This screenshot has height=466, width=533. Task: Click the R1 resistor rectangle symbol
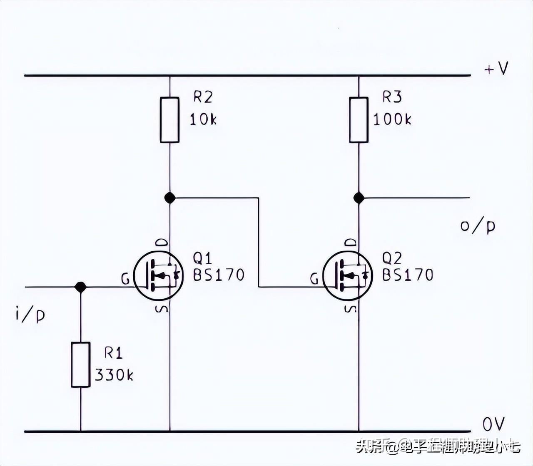[x=80, y=364]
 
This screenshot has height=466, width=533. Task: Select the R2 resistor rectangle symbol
[x=170, y=120]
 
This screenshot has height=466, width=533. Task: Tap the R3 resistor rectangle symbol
[x=359, y=120]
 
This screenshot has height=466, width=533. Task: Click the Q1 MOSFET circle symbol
[x=159, y=276]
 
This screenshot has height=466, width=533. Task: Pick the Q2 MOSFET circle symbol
[x=348, y=276]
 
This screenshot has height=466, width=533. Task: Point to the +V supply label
[x=496, y=68]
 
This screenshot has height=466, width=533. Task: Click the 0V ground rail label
[x=493, y=424]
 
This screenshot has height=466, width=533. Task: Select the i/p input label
[x=30, y=315]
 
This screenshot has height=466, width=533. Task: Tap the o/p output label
[x=478, y=226]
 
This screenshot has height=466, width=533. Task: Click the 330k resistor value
[x=114, y=375]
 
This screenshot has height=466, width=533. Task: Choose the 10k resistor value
[x=203, y=120]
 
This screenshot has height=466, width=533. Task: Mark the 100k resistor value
[x=392, y=120]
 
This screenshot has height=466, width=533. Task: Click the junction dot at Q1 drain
[x=170, y=198]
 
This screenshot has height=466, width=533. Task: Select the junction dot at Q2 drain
[x=359, y=198]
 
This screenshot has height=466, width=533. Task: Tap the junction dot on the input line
[x=80, y=287]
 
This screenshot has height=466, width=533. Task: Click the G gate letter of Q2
[x=314, y=279]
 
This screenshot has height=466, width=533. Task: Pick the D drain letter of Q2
[x=351, y=243]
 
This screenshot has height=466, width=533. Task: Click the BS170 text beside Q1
[x=219, y=275]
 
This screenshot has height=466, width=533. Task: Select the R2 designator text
[x=203, y=97]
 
